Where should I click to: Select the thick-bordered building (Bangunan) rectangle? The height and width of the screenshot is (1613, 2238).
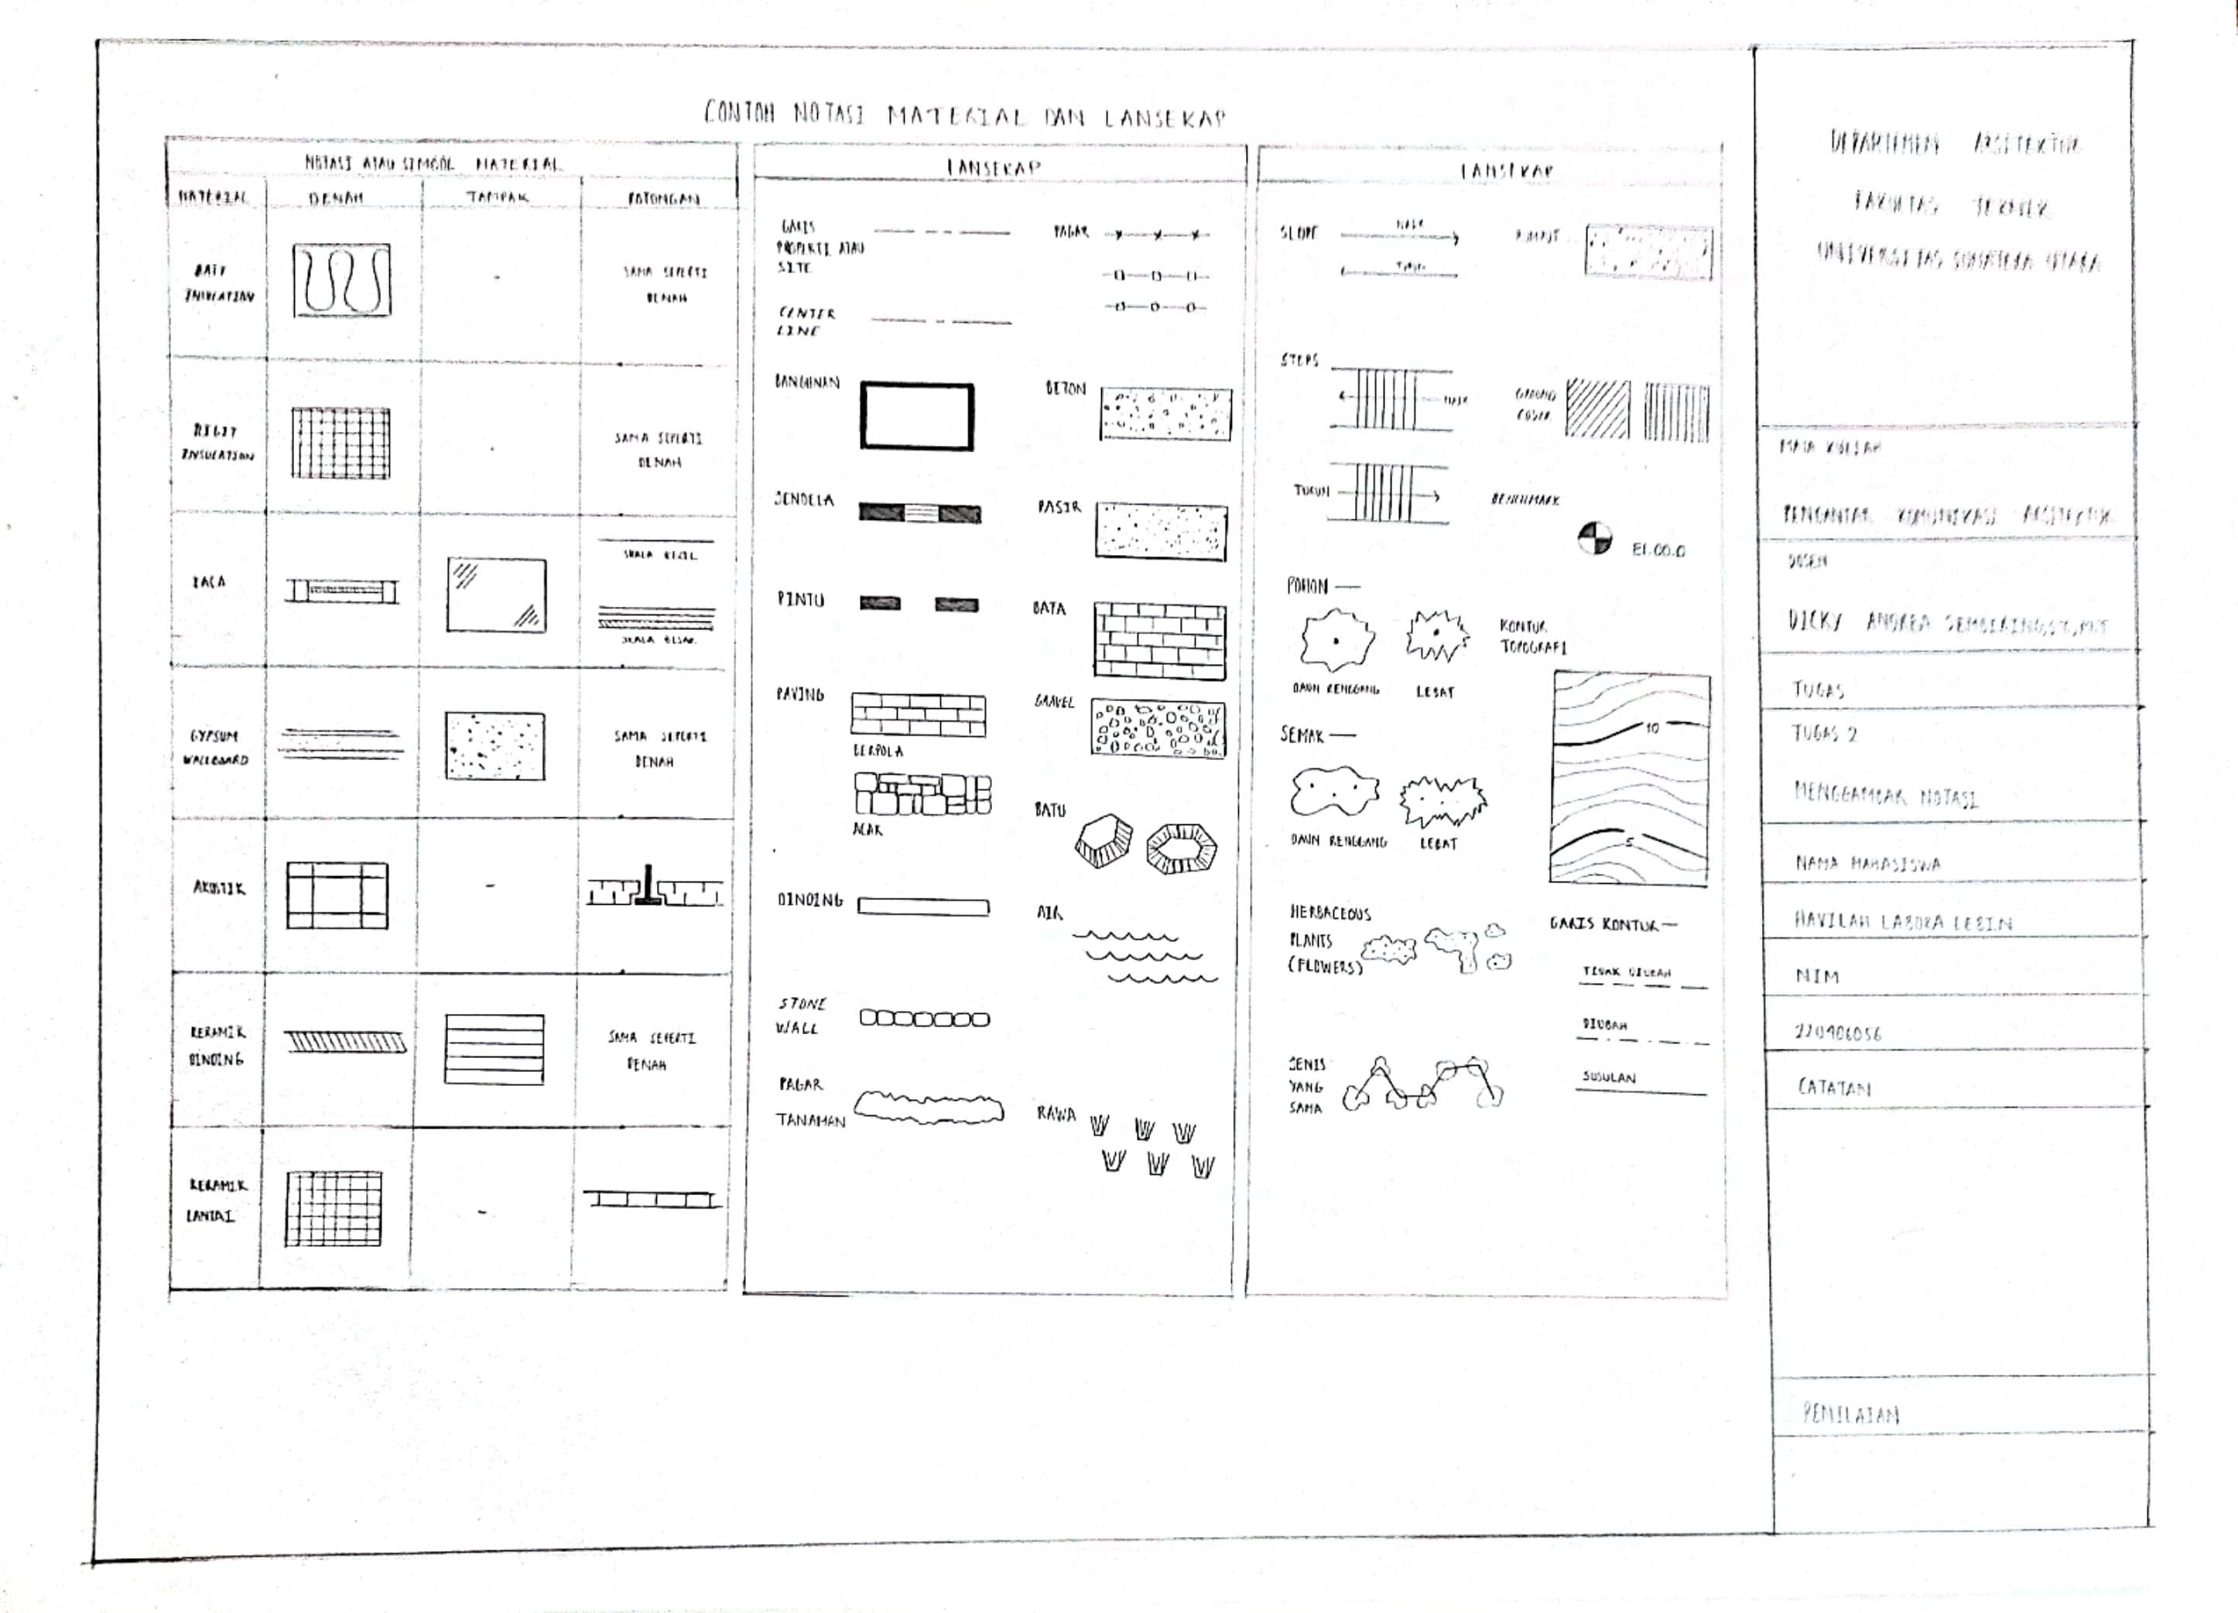(x=917, y=416)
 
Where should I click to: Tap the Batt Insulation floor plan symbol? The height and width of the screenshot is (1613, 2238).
(x=341, y=280)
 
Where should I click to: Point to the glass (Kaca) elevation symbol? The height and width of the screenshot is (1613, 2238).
(x=495, y=595)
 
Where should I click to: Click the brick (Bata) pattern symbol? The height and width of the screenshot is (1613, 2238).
(x=1159, y=641)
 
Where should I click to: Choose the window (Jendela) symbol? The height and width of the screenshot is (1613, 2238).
(x=919, y=512)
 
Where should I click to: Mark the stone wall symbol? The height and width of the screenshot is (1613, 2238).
(x=924, y=1019)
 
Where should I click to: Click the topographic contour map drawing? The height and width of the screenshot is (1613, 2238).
(x=1631, y=778)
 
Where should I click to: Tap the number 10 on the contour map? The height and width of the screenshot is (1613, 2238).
(x=1652, y=728)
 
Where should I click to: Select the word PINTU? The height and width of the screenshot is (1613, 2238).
(x=799, y=599)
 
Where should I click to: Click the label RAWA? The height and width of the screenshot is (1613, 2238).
(x=1056, y=1114)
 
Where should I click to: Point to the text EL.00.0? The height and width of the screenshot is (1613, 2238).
(x=1658, y=550)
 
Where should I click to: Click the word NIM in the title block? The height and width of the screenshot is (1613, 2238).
(x=1817, y=976)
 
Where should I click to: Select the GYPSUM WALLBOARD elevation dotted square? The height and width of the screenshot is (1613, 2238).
(x=494, y=745)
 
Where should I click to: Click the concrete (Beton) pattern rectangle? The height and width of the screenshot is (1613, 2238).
(x=1165, y=413)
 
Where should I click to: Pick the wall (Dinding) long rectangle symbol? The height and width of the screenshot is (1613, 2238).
(x=922, y=906)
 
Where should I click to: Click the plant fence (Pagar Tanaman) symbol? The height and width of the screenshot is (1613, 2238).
(x=928, y=1108)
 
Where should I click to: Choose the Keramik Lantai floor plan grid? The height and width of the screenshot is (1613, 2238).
(x=334, y=1209)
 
